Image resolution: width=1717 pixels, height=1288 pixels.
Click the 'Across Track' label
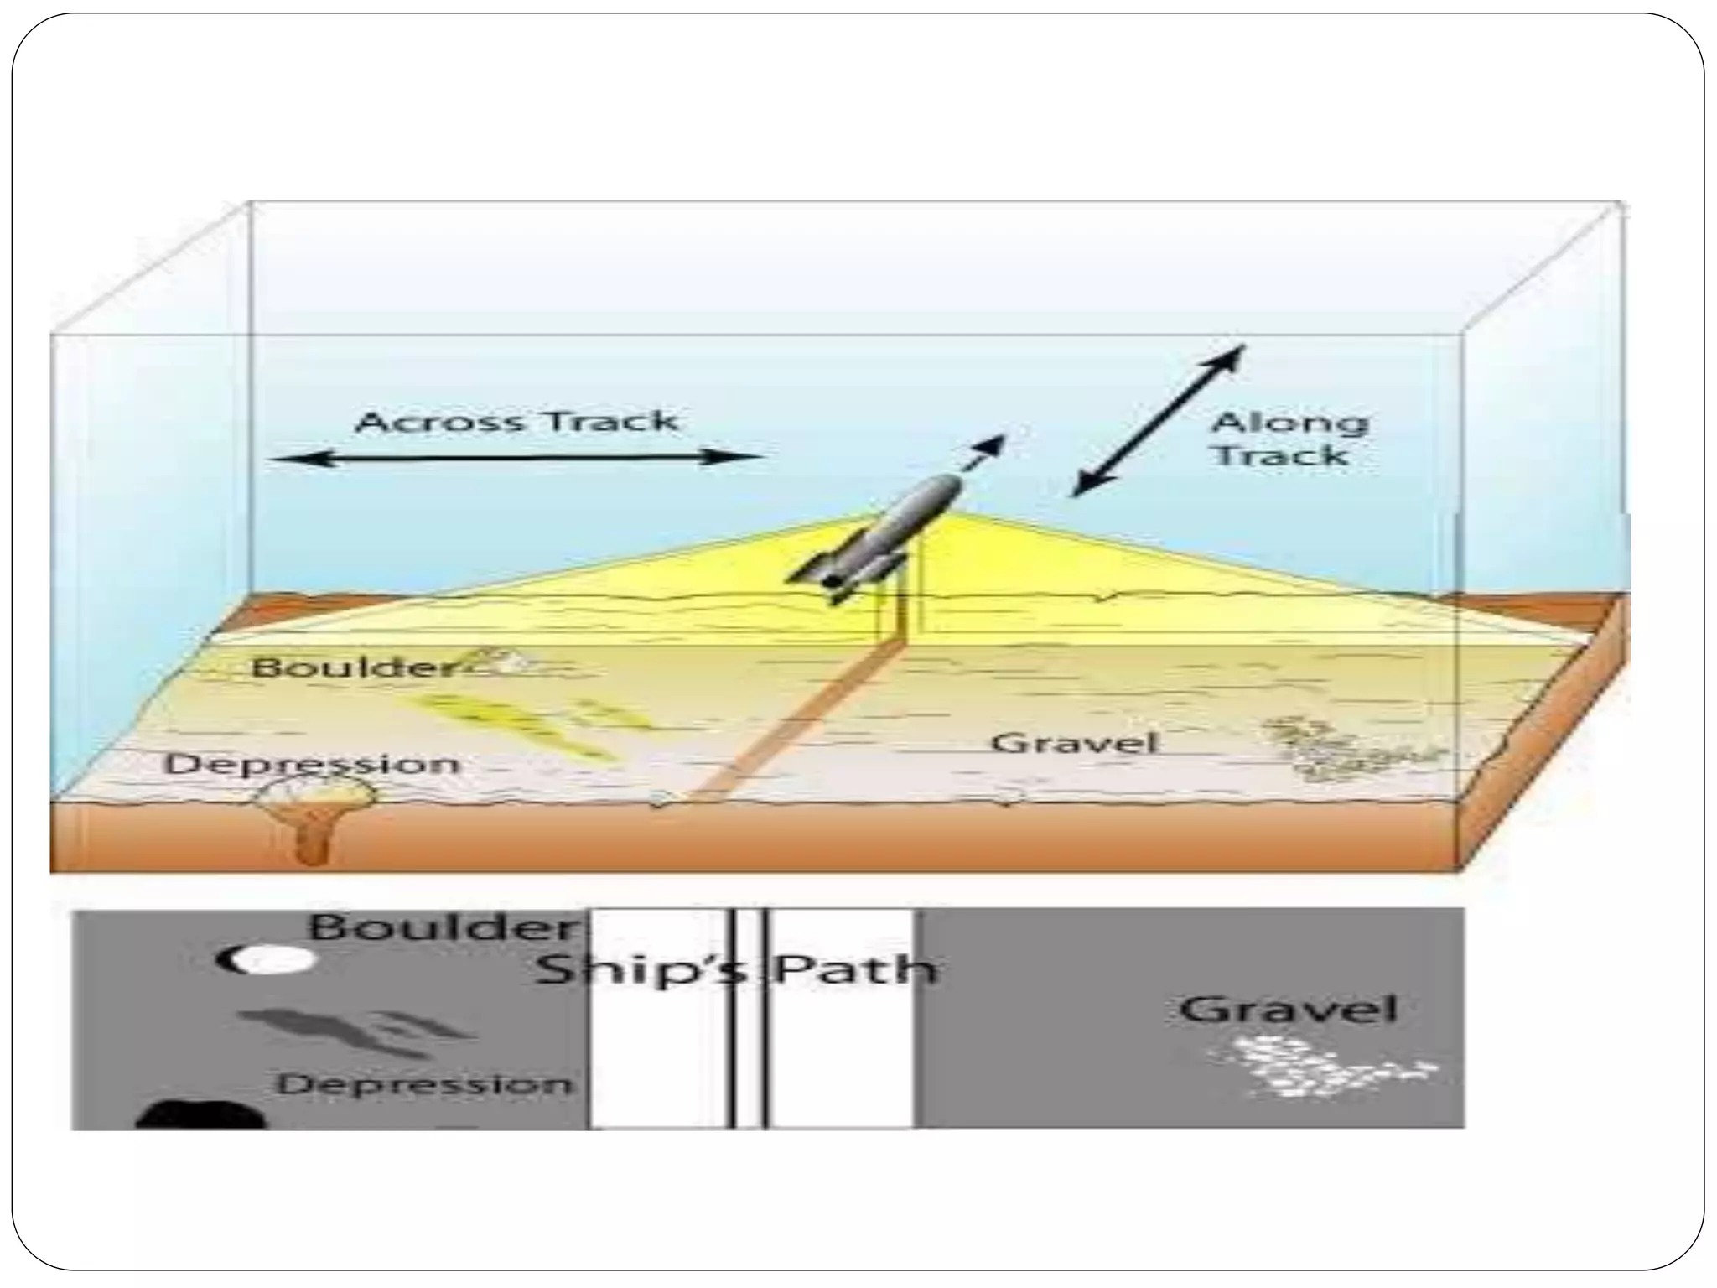[516, 421]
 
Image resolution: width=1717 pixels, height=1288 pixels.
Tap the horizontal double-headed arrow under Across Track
[516, 458]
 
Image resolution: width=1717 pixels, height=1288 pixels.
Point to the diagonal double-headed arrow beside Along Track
[1159, 420]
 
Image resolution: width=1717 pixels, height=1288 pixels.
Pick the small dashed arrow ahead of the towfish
[984, 453]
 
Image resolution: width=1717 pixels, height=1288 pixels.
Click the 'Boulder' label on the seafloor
[355, 667]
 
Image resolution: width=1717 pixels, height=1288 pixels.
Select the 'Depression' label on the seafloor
[312, 764]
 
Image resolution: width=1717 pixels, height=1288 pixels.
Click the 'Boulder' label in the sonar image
[444, 928]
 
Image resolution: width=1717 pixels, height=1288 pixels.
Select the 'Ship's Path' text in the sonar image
[735, 970]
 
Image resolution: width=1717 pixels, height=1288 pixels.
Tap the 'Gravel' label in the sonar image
[1287, 1010]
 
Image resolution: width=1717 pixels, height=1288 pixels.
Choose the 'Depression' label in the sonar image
[426, 1084]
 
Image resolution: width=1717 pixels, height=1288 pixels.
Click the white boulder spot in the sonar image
[277, 959]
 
